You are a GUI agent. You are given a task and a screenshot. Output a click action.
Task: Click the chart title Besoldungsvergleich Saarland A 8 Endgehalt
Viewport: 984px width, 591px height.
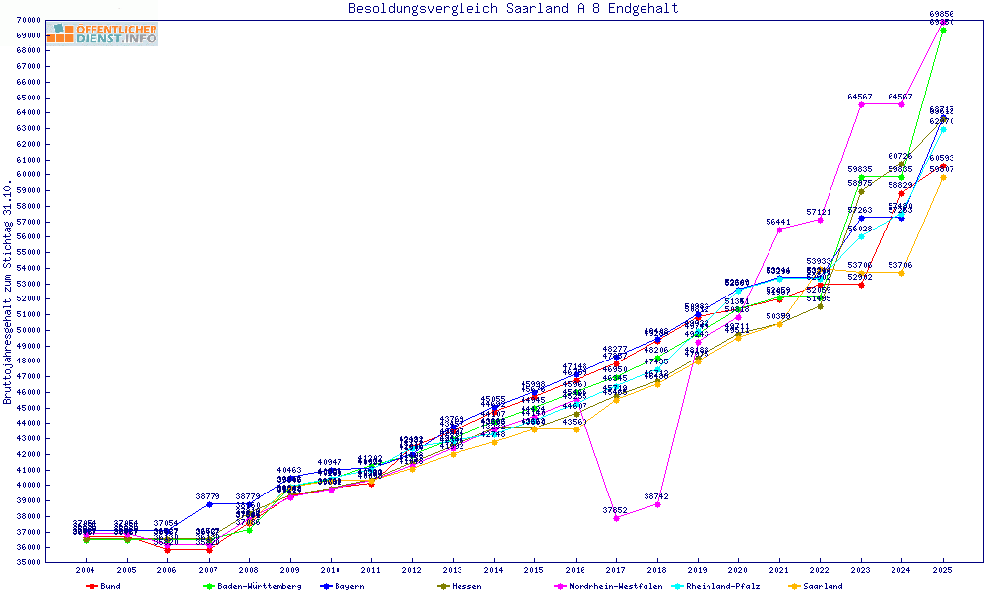click(x=513, y=9)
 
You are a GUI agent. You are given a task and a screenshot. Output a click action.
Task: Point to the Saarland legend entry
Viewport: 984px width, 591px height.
click(x=824, y=585)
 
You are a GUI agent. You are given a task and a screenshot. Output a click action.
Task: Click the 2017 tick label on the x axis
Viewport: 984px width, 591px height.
click(x=616, y=569)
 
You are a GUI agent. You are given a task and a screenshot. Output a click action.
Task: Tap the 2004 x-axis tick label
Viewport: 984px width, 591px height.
click(x=86, y=569)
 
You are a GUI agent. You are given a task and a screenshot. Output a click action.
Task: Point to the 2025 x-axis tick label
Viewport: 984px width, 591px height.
click(x=943, y=569)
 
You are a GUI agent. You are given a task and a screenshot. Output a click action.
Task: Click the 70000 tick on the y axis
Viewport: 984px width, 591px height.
click(x=27, y=20)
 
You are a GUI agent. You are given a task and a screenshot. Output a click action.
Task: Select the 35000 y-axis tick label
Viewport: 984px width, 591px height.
click(x=27, y=561)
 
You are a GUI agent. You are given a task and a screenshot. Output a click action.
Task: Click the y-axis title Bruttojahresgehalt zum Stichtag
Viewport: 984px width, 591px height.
click(x=8, y=293)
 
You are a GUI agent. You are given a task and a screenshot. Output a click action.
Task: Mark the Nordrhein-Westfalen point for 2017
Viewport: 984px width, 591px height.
click(x=616, y=517)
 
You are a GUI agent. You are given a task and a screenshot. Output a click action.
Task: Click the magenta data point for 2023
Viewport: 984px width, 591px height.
click(x=861, y=104)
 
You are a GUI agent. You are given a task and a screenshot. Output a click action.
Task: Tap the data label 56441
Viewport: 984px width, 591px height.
click(x=778, y=222)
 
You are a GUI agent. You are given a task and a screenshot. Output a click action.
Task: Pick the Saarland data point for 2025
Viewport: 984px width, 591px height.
click(x=943, y=177)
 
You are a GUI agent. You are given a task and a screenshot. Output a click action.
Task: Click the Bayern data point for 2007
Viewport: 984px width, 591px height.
click(x=208, y=503)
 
